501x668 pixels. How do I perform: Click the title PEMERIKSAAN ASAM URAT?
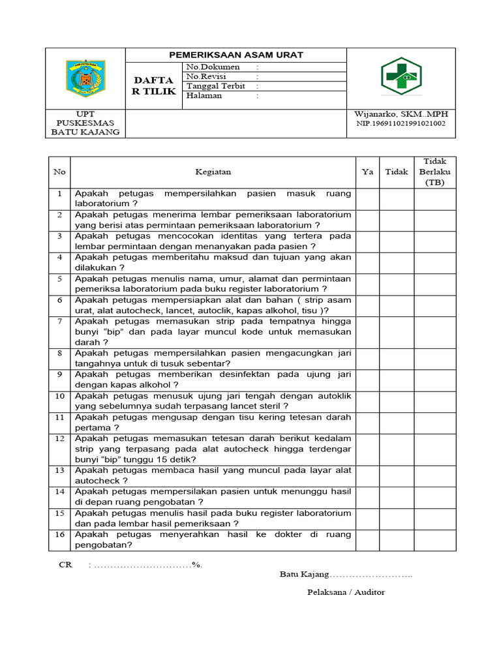click(235, 55)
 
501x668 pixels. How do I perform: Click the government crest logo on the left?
click(85, 78)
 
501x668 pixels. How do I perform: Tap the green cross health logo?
click(401, 76)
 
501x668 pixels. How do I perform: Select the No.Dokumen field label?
click(213, 67)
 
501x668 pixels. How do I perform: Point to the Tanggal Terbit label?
click(216, 86)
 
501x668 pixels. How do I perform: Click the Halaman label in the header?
click(204, 96)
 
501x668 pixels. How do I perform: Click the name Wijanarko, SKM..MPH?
click(401, 114)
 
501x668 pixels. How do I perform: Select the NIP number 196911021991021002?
click(401, 124)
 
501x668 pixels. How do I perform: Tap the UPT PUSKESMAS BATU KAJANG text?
click(85, 123)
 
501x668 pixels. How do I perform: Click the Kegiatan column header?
click(213, 172)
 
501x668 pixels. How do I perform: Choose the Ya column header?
click(367, 172)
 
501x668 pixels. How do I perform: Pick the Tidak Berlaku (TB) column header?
click(434, 172)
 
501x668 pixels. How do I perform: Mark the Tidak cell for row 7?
click(396, 331)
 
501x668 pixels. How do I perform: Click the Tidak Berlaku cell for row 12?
click(434, 449)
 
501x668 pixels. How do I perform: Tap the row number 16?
click(59, 534)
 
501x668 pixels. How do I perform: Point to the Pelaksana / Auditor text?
click(346, 592)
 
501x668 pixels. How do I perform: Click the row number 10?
click(59, 396)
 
